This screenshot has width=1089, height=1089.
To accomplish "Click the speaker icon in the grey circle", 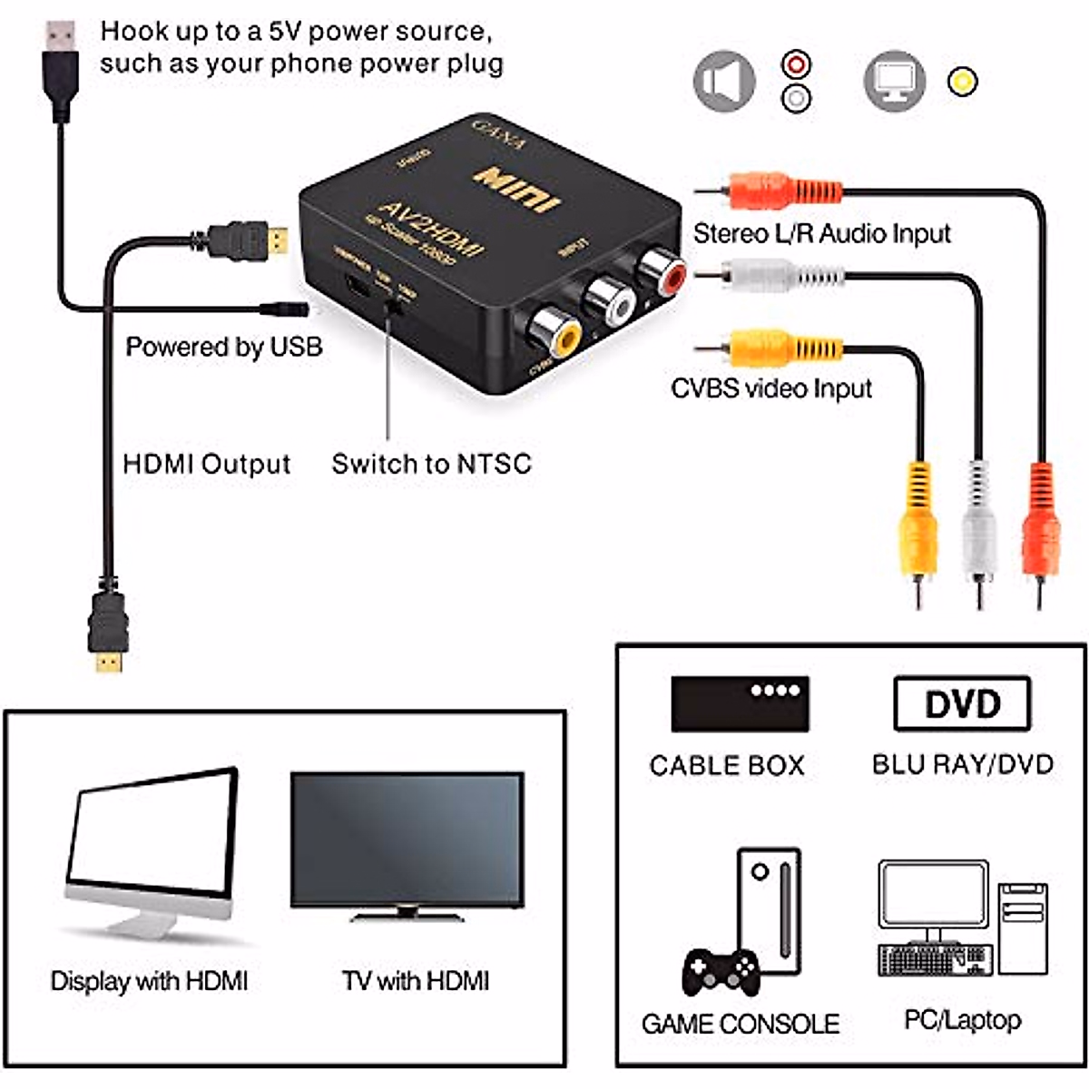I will tap(723, 82).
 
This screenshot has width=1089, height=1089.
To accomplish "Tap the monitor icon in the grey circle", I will tap(894, 82).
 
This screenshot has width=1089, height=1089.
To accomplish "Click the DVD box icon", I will tap(962, 703).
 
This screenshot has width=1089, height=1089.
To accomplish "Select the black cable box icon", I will tap(740, 703).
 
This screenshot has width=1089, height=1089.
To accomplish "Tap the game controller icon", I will tap(721, 971).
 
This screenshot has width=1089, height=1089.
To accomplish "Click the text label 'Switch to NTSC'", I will tap(431, 464).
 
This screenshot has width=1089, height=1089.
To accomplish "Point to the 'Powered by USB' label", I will tap(223, 347).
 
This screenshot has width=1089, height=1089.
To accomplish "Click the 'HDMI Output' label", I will tap(206, 464).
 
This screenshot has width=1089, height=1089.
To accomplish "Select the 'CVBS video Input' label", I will tap(770, 388).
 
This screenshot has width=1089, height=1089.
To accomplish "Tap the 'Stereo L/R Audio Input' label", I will tap(821, 233).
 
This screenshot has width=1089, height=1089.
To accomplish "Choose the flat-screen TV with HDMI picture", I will tap(407, 844).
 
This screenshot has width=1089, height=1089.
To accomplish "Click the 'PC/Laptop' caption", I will tap(962, 1019).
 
